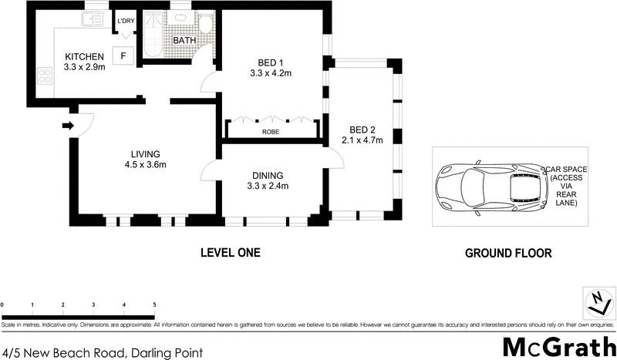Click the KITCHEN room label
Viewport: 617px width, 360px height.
tap(85, 57)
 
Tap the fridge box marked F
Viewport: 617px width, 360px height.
tap(123, 56)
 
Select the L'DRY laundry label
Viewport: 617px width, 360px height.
tap(125, 21)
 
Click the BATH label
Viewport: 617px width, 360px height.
tap(184, 40)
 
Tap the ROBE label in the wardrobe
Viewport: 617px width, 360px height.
tap(271, 131)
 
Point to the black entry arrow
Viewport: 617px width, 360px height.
tap(67, 126)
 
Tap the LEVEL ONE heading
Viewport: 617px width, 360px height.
tap(230, 252)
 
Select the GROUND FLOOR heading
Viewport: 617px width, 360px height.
tap(507, 253)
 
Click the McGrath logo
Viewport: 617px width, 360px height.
tap(559, 345)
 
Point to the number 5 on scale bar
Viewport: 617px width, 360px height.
tap(154, 306)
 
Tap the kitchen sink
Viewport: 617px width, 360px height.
tap(94, 22)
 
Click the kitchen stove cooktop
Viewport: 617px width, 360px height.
tap(40, 75)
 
